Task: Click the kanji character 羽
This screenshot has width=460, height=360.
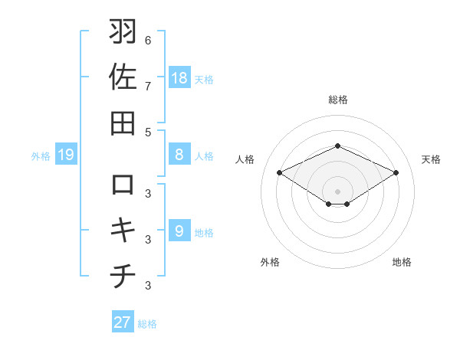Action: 123,33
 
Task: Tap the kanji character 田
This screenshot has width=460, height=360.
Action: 123,122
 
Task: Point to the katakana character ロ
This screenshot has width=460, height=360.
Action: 123,185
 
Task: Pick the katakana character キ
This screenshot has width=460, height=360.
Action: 123,230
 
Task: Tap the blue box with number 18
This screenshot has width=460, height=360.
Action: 179,77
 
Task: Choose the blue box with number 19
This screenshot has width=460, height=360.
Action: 66,155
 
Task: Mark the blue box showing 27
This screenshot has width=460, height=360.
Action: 123,322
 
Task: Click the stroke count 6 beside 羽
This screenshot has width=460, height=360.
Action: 148,40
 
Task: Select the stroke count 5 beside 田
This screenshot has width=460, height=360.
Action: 148,132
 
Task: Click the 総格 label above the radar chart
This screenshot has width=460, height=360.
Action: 337,100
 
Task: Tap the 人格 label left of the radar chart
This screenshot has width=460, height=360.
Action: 245,159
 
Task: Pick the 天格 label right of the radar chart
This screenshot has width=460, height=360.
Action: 431,159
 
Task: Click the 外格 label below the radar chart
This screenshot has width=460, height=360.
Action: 270,262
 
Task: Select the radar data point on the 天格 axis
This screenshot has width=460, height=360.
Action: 396,173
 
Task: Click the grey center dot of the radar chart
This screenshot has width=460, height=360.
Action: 337,190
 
